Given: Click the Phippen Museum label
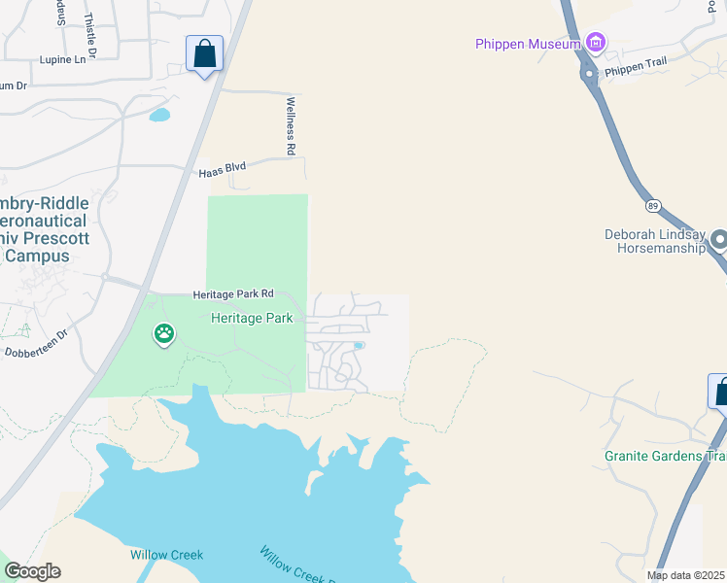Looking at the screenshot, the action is (x=528, y=43).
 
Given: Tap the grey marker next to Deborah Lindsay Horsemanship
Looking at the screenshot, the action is (x=720, y=239).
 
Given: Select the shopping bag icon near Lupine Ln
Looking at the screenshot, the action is (x=205, y=53).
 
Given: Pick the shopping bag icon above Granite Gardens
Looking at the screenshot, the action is (x=720, y=392).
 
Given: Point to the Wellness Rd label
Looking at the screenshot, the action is (x=290, y=126).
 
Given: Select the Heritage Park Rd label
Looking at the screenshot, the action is (x=233, y=293).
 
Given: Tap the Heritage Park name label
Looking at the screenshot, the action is (x=253, y=318).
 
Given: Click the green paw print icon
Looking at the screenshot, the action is (x=164, y=335).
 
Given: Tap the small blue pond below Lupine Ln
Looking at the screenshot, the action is (x=159, y=115).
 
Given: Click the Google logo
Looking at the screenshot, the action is (x=32, y=571).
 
